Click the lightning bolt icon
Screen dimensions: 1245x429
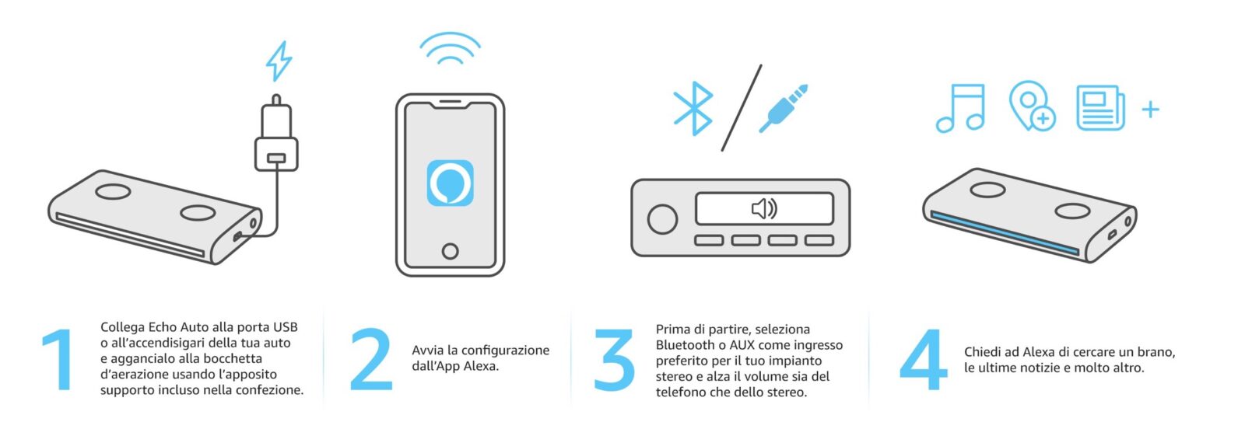coord(279,61)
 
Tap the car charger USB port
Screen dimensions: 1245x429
coord(276,159)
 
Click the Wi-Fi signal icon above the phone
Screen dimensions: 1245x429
coord(451,49)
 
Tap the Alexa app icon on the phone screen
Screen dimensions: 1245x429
coord(451,183)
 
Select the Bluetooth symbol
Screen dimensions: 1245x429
coord(693,109)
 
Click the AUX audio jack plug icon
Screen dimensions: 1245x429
coord(783,108)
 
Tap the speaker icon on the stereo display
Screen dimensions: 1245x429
coord(764,209)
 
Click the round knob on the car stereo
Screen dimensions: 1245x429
coord(662,218)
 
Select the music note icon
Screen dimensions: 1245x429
coord(960,108)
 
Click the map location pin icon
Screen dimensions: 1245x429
coord(1032,106)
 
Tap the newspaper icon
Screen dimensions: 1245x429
coord(1100,108)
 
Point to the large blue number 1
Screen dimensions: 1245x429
coord(59,360)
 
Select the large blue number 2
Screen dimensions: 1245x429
coord(371,360)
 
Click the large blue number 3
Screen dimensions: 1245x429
coord(614,360)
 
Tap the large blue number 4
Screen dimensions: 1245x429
coord(923,360)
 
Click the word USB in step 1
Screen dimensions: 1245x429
coord(285,327)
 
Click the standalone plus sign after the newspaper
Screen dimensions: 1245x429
coord(1151,110)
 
